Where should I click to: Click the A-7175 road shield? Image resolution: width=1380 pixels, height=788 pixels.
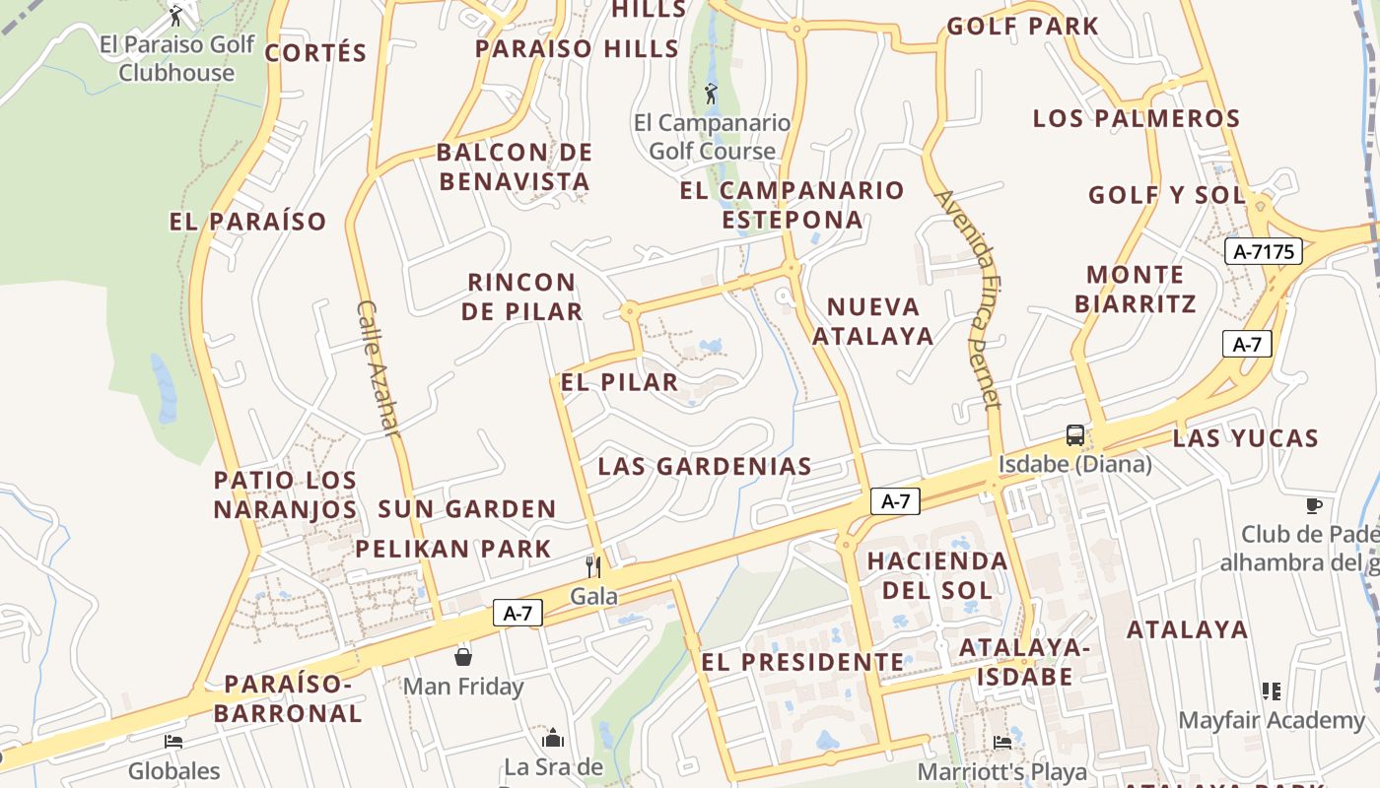click(1264, 251)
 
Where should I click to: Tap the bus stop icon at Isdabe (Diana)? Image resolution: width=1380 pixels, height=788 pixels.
click(1074, 434)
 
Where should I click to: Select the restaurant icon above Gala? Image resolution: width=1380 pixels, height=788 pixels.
click(593, 566)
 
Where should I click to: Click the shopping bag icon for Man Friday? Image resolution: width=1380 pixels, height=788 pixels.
click(463, 656)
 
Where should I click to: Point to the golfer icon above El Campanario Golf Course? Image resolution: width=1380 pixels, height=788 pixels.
click(712, 94)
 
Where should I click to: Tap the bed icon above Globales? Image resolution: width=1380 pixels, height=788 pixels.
click(173, 741)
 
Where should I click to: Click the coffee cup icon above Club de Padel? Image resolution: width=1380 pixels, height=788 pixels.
click(1313, 505)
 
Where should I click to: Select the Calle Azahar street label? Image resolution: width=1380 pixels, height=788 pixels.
click(379, 368)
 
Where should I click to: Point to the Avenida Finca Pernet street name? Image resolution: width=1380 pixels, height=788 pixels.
click(970, 297)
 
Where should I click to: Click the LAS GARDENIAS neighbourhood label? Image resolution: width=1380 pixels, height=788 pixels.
click(705, 466)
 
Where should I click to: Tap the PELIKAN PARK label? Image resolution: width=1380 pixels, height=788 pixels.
click(453, 549)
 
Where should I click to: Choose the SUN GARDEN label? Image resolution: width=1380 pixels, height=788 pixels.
click(467, 509)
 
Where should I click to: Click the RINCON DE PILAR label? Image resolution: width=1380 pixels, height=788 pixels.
click(521, 296)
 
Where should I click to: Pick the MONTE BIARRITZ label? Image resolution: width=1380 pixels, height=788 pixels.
click(1136, 289)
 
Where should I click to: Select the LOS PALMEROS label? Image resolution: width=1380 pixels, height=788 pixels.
click(1136, 118)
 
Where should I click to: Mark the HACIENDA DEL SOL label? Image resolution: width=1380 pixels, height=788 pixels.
click(936, 575)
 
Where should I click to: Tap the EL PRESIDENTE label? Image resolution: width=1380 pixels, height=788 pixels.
click(802, 662)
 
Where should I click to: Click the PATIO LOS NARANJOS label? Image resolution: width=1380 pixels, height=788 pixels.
click(285, 494)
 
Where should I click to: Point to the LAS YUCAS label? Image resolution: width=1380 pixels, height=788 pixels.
click(1246, 438)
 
